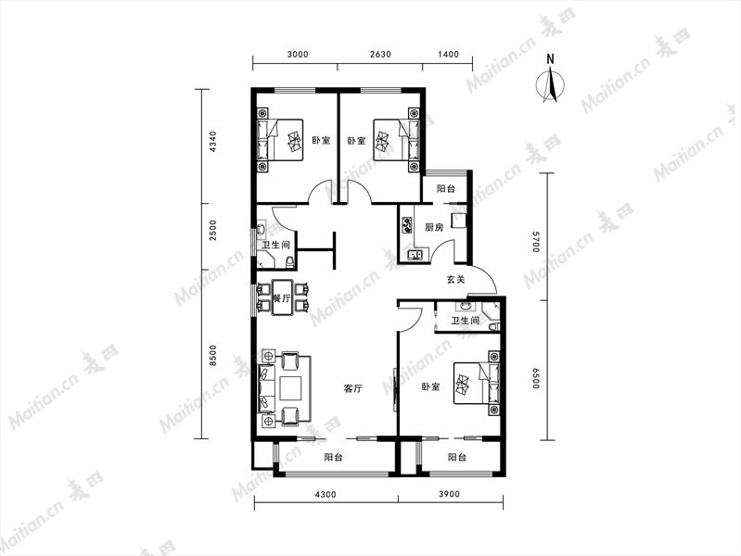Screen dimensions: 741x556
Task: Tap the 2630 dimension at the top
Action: click(380, 55)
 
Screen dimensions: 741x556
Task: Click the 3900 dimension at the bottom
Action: click(449, 495)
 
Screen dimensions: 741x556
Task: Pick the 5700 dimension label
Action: click(535, 241)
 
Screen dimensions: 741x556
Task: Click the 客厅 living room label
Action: click(353, 389)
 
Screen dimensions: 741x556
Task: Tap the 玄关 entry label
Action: click(456, 279)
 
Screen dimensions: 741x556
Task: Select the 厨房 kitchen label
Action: click(434, 227)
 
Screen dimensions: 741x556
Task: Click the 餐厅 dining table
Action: click(283, 298)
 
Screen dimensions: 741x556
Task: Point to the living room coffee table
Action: click(290, 388)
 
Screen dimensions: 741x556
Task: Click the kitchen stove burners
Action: click(406, 225)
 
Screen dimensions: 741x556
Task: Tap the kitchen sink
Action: click(415, 255)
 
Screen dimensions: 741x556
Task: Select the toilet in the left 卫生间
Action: click(289, 261)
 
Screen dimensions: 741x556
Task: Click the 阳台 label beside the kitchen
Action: click(446, 189)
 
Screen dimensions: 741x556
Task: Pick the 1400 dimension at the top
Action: click(448, 55)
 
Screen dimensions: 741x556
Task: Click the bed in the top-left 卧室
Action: click(280, 140)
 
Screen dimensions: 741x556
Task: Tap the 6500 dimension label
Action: click(535, 378)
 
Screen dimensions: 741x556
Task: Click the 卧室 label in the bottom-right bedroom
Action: click(430, 387)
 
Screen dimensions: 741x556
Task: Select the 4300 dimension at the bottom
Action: click(326, 495)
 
